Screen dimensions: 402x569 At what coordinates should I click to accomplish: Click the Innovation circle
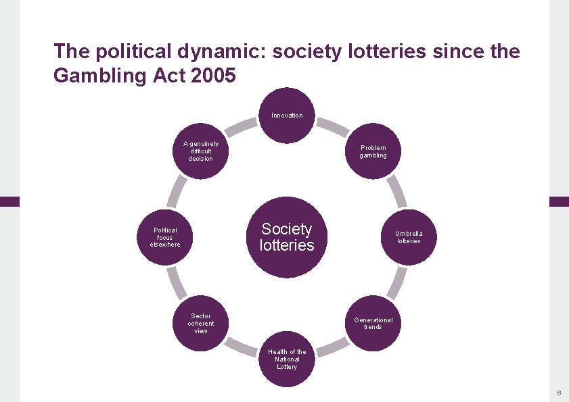click(287, 115)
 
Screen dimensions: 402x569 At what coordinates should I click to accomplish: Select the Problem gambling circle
click(373, 151)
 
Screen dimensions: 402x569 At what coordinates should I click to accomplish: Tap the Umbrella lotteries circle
click(408, 237)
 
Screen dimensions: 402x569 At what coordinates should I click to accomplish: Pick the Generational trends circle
click(373, 323)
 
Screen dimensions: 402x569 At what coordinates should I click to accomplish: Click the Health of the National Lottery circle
click(287, 359)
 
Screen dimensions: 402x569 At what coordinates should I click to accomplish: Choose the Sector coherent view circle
click(201, 323)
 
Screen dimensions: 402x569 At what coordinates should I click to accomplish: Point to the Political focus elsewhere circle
click(165, 237)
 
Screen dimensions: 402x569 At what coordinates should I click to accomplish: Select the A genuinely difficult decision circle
click(201, 151)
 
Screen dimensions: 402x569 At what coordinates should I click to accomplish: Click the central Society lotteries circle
click(287, 237)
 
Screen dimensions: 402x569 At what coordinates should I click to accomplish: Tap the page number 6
click(559, 393)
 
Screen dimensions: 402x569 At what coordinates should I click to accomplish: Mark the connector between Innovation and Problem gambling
click(332, 125)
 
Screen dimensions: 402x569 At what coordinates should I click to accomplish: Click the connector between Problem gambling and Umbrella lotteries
click(399, 193)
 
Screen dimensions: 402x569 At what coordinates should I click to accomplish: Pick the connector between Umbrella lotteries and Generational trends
click(399, 282)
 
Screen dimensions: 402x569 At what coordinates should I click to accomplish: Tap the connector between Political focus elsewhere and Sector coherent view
click(175, 282)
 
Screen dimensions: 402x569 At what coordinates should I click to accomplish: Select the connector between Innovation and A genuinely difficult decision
click(242, 125)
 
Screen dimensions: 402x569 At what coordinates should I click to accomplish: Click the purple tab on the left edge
click(9, 201)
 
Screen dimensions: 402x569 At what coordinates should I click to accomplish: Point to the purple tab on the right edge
click(559, 201)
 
